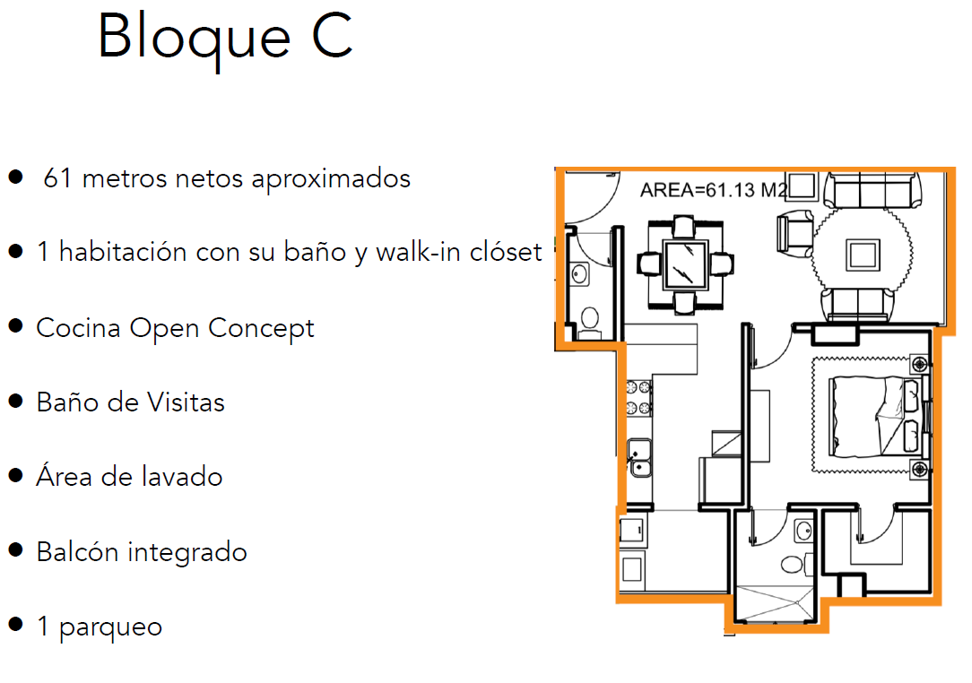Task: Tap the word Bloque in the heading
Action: click(x=194, y=38)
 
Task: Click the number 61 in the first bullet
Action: click(x=56, y=178)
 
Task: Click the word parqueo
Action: click(x=111, y=626)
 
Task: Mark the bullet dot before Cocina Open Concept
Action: click(x=15, y=326)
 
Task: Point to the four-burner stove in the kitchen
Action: click(x=639, y=399)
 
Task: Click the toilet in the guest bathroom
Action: click(x=589, y=319)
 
